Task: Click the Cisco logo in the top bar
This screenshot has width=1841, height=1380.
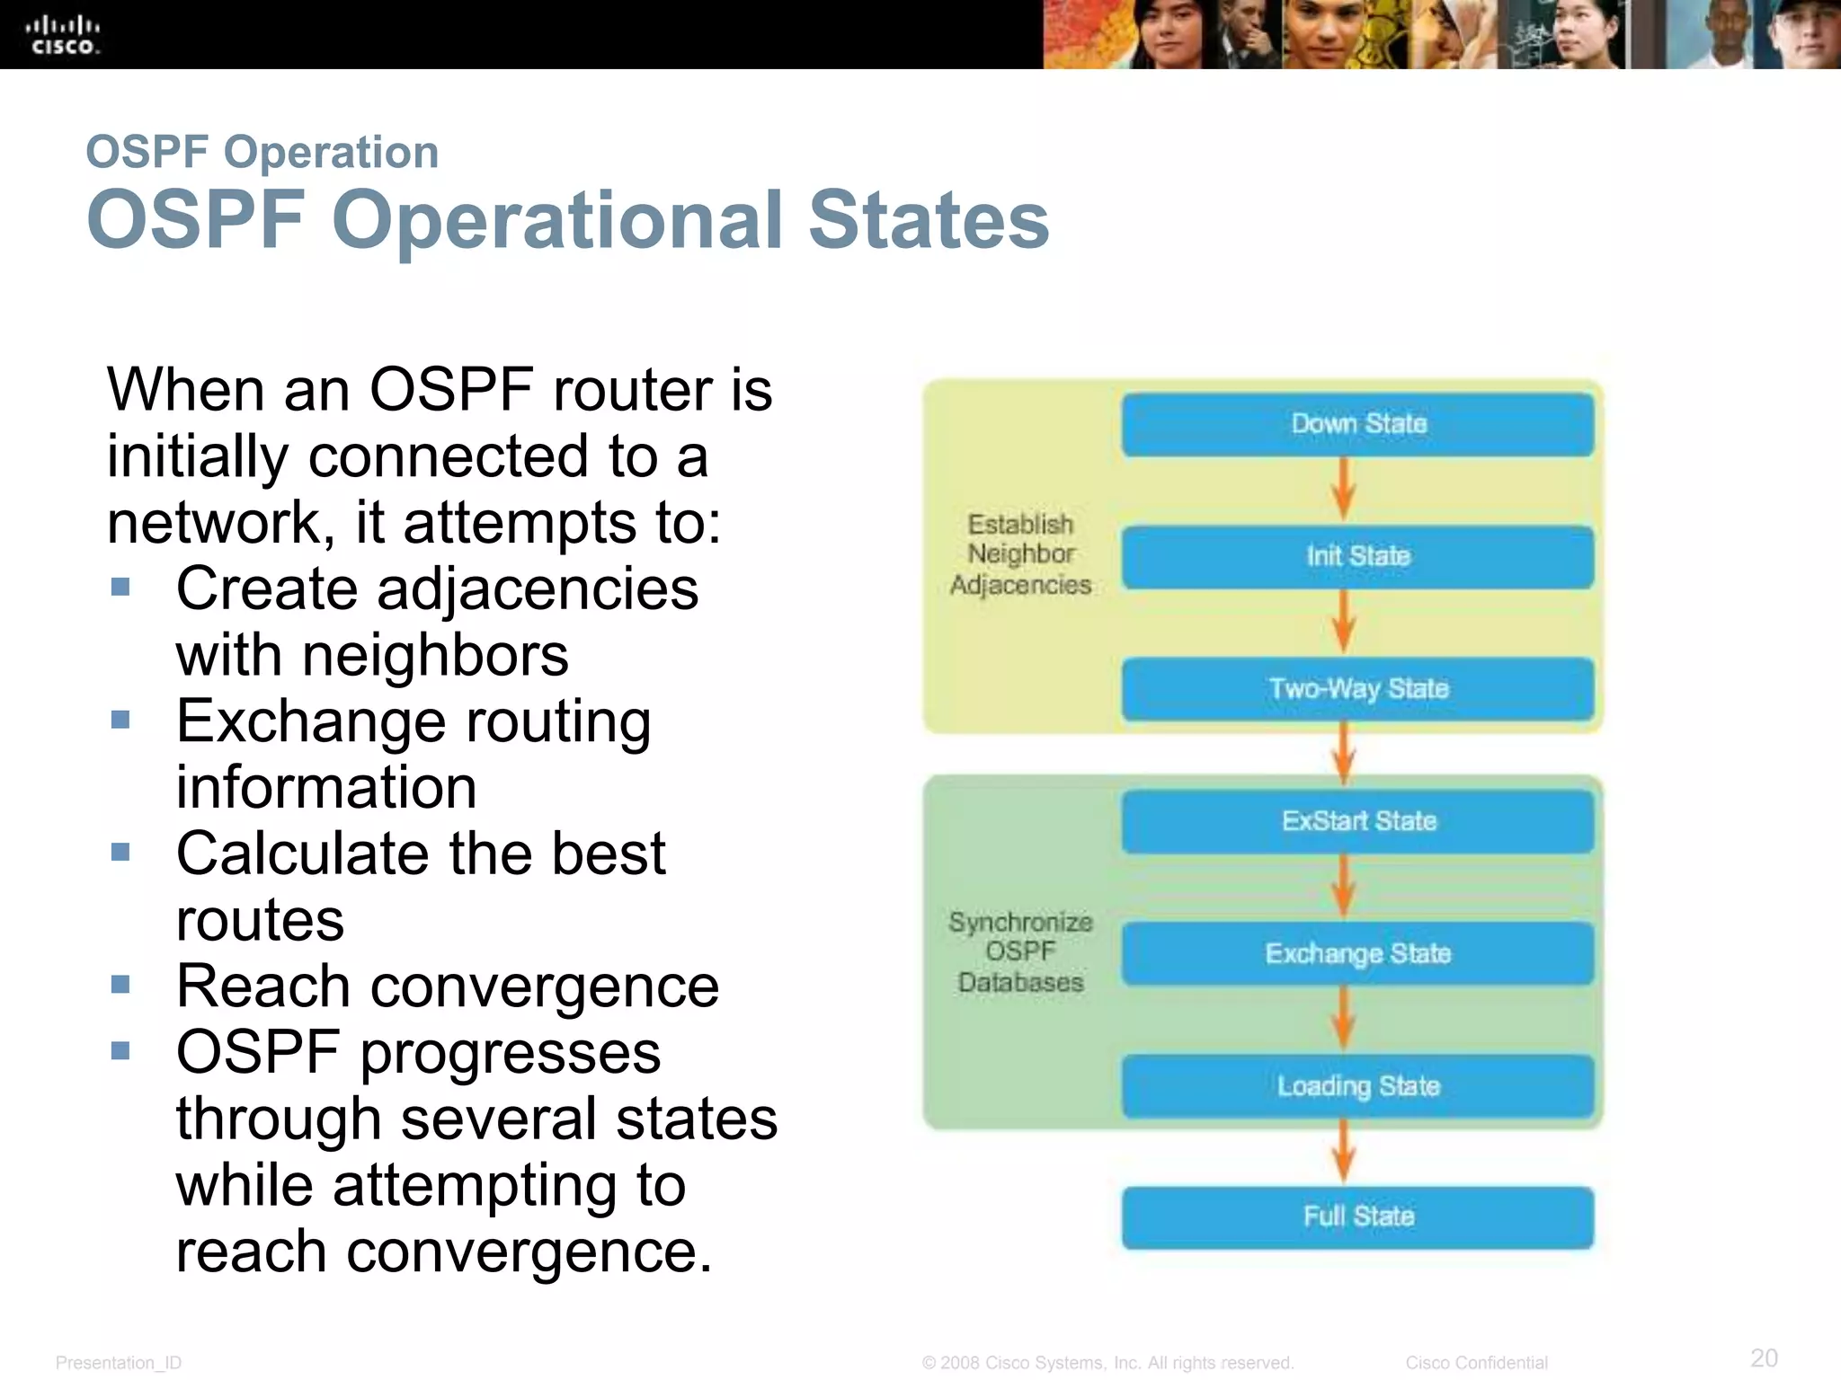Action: click(x=62, y=35)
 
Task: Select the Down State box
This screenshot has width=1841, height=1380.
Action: click(x=1357, y=424)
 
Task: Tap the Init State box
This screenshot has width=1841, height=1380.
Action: click(x=1357, y=557)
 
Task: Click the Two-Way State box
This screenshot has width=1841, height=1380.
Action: click(x=1357, y=689)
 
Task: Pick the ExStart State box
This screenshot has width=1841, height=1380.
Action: click(x=1357, y=821)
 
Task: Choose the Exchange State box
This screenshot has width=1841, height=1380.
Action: click(x=1357, y=953)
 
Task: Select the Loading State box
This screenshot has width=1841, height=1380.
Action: click(x=1357, y=1086)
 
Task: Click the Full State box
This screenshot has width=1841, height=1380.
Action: click(x=1357, y=1217)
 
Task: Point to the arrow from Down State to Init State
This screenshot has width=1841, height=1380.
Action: click(x=1343, y=490)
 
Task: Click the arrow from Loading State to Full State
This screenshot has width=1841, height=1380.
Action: click(x=1343, y=1152)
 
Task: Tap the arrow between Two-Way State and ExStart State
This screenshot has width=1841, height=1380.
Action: click(x=1343, y=753)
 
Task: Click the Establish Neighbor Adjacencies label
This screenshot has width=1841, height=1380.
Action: click(x=1020, y=554)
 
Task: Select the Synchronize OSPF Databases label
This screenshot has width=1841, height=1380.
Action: click(x=1020, y=952)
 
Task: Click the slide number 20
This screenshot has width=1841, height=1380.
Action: click(x=1764, y=1358)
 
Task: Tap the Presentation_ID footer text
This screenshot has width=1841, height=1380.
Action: click(x=118, y=1363)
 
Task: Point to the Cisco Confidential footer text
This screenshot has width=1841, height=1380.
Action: click(x=1476, y=1363)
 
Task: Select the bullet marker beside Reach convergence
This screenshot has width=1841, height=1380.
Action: click(x=120, y=985)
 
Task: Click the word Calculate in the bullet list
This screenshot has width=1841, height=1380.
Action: click(x=303, y=854)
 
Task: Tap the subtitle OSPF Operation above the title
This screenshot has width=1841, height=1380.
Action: click(x=262, y=152)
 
